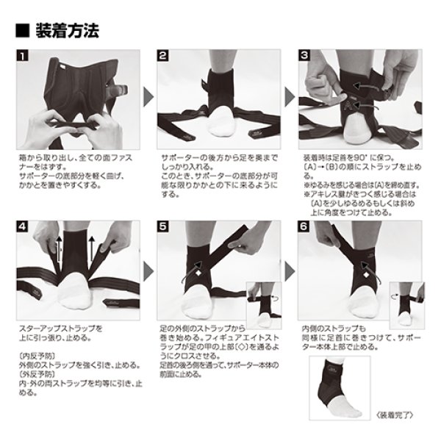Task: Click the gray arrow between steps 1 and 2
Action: pyautogui.click(x=147, y=101)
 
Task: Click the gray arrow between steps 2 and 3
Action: pyautogui.click(x=289, y=101)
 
